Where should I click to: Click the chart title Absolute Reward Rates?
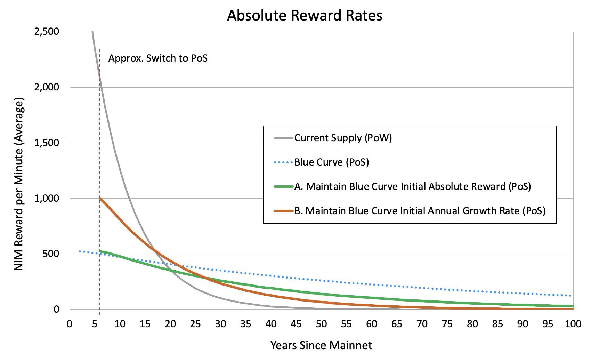coord(305,16)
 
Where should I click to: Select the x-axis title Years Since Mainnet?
coord(321,345)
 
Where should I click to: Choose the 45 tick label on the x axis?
coord(296,324)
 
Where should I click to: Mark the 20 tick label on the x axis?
coord(170,324)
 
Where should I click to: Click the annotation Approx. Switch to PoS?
coord(158,58)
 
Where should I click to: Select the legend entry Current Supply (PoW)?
coord(343,138)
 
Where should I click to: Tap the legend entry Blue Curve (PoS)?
coord(331,162)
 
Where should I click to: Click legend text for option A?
coord(413,187)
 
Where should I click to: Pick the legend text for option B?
coord(420,211)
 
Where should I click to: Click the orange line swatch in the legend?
coord(283,211)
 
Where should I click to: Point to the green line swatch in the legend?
coord(283,187)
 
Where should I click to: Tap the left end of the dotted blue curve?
coord(80,251)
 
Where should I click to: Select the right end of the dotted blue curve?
coord(572,296)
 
